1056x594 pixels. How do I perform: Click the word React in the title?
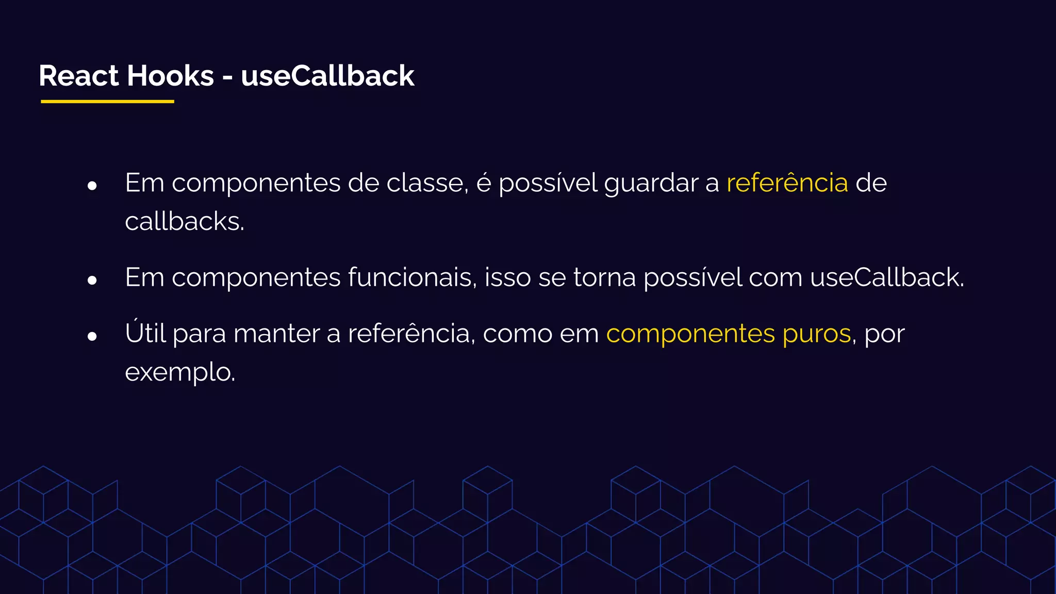(79, 76)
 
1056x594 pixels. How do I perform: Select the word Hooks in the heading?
(170, 76)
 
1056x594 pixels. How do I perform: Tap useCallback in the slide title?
(327, 76)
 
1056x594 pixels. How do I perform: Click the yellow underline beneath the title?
(107, 102)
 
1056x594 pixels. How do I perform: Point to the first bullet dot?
(92, 186)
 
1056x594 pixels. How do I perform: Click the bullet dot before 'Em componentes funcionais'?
(92, 280)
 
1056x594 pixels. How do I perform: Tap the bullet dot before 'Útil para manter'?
(92, 336)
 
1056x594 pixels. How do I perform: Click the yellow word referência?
(787, 183)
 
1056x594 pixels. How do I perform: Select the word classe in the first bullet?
(427, 183)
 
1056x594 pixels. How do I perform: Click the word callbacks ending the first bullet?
(184, 222)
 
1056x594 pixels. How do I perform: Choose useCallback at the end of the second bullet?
(886, 277)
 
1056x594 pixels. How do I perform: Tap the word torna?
(604, 277)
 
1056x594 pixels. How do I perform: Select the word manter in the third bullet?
(276, 333)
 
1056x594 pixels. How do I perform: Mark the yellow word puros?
(816, 334)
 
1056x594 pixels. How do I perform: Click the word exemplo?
(179, 372)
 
